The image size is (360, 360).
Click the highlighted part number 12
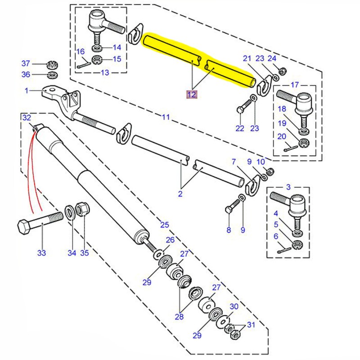pyautogui.click(x=192, y=94)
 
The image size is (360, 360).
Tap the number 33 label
pyautogui.click(x=41, y=253)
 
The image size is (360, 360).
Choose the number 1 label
pyautogui.click(x=27, y=90)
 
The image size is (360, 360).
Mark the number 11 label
pyautogui.click(x=166, y=117)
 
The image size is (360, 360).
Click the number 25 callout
pyautogui.click(x=164, y=225)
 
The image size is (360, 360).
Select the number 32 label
pyautogui.click(x=27, y=117)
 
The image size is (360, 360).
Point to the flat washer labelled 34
pyautogui.click(x=71, y=211)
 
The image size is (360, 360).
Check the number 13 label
pyautogui.click(x=105, y=73)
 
